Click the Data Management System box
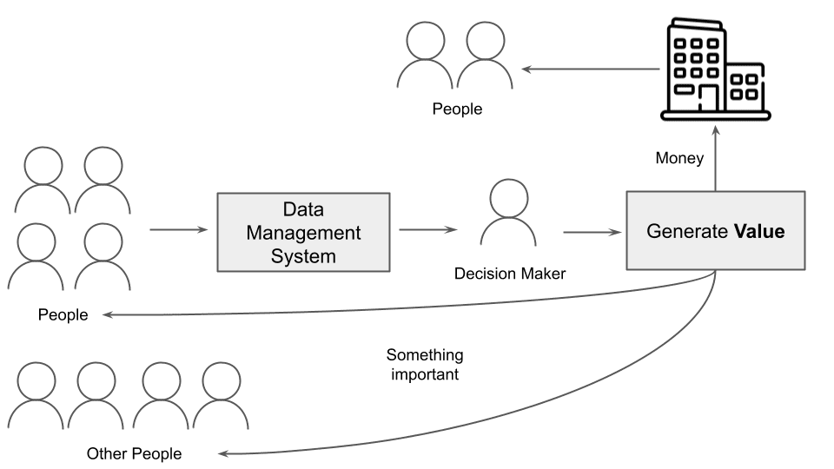(x=303, y=233)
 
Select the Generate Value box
(x=715, y=231)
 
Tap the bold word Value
(x=759, y=232)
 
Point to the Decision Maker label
(x=510, y=274)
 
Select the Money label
(x=679, y=159)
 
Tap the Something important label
(x=425, y=365)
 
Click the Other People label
(x=134, y=453)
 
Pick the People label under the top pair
(x=457, y=109)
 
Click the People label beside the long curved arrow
(x=63, y=314)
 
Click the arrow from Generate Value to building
(x=715, y=156)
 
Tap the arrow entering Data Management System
(x=179, y=230)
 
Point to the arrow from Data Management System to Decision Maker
(x=427, y=230)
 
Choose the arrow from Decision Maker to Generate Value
(x=594, y=232)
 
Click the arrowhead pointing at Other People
(x=224, y=453)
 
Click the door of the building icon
(x=709, y=98)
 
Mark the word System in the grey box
(x=303, y=256)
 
